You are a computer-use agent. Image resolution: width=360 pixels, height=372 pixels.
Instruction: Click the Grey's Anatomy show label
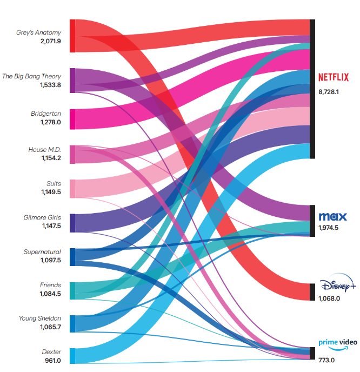(38, 32)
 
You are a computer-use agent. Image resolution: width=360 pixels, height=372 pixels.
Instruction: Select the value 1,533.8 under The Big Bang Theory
(50, 85)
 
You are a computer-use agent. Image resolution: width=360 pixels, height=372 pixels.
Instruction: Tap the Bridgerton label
(46, 114)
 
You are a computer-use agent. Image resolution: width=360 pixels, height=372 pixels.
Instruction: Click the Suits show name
(54, 183)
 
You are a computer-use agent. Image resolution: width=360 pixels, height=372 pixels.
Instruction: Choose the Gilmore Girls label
(42, 218)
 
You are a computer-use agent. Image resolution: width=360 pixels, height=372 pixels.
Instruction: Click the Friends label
(50, 285)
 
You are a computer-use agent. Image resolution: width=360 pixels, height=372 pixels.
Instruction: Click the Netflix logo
(333, 77)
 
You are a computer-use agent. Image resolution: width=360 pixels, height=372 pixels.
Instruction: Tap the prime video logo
(338, 344)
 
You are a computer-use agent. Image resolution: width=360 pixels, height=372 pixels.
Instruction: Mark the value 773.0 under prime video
(326, 360)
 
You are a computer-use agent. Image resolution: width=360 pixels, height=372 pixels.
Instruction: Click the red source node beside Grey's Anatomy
(72, 36)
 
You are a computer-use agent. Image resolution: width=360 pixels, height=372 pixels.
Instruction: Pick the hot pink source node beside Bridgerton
(72, 119)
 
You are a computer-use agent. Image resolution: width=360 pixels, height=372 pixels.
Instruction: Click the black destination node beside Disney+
(312, 291)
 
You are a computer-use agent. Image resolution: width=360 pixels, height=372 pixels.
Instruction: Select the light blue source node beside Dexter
(72, 356)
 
